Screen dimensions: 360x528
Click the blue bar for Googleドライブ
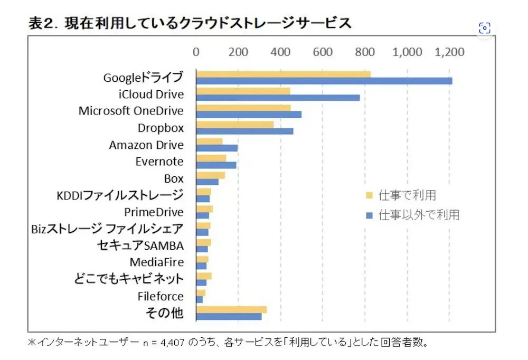[324, 81]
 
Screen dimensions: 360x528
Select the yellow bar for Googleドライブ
[283, 74]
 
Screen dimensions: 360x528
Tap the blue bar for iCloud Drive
[278, 98]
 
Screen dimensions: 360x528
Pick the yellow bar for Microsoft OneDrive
[243, 108]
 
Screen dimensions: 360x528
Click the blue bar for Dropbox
[244, 131]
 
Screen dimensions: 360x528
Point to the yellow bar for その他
[231, 309]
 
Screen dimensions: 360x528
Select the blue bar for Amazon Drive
[216, 148]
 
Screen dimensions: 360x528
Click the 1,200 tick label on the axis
[449, 52]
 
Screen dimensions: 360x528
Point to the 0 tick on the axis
[196, 52]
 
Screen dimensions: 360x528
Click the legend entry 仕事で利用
[407, 195]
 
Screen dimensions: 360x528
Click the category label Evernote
[159, 162]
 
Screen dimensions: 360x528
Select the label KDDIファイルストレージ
[120, 195]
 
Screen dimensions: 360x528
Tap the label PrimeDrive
[154, 212]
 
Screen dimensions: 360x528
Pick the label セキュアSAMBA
[140, 245]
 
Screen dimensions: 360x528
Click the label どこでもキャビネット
[128, 279]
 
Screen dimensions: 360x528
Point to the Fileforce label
[161, 296]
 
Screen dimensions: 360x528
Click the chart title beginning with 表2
[190, 24]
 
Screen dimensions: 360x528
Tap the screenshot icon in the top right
[485, 28]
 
